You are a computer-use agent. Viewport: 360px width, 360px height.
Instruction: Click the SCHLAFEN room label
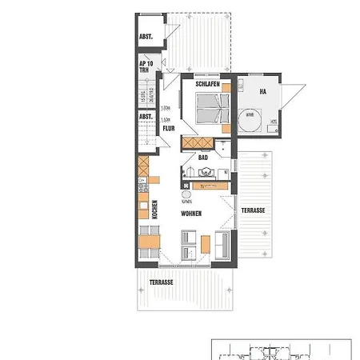[207, 84]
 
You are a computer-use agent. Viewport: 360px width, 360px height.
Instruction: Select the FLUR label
[169, 128]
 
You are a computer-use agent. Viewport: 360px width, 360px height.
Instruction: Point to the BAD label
[203, 158]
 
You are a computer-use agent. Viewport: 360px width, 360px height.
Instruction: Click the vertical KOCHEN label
[154, 210]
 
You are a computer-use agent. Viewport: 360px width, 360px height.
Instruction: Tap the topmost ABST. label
[146, 37]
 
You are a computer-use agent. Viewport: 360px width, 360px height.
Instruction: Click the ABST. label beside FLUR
[146, 117]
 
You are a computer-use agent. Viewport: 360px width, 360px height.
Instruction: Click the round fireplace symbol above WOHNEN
[186, 194]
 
